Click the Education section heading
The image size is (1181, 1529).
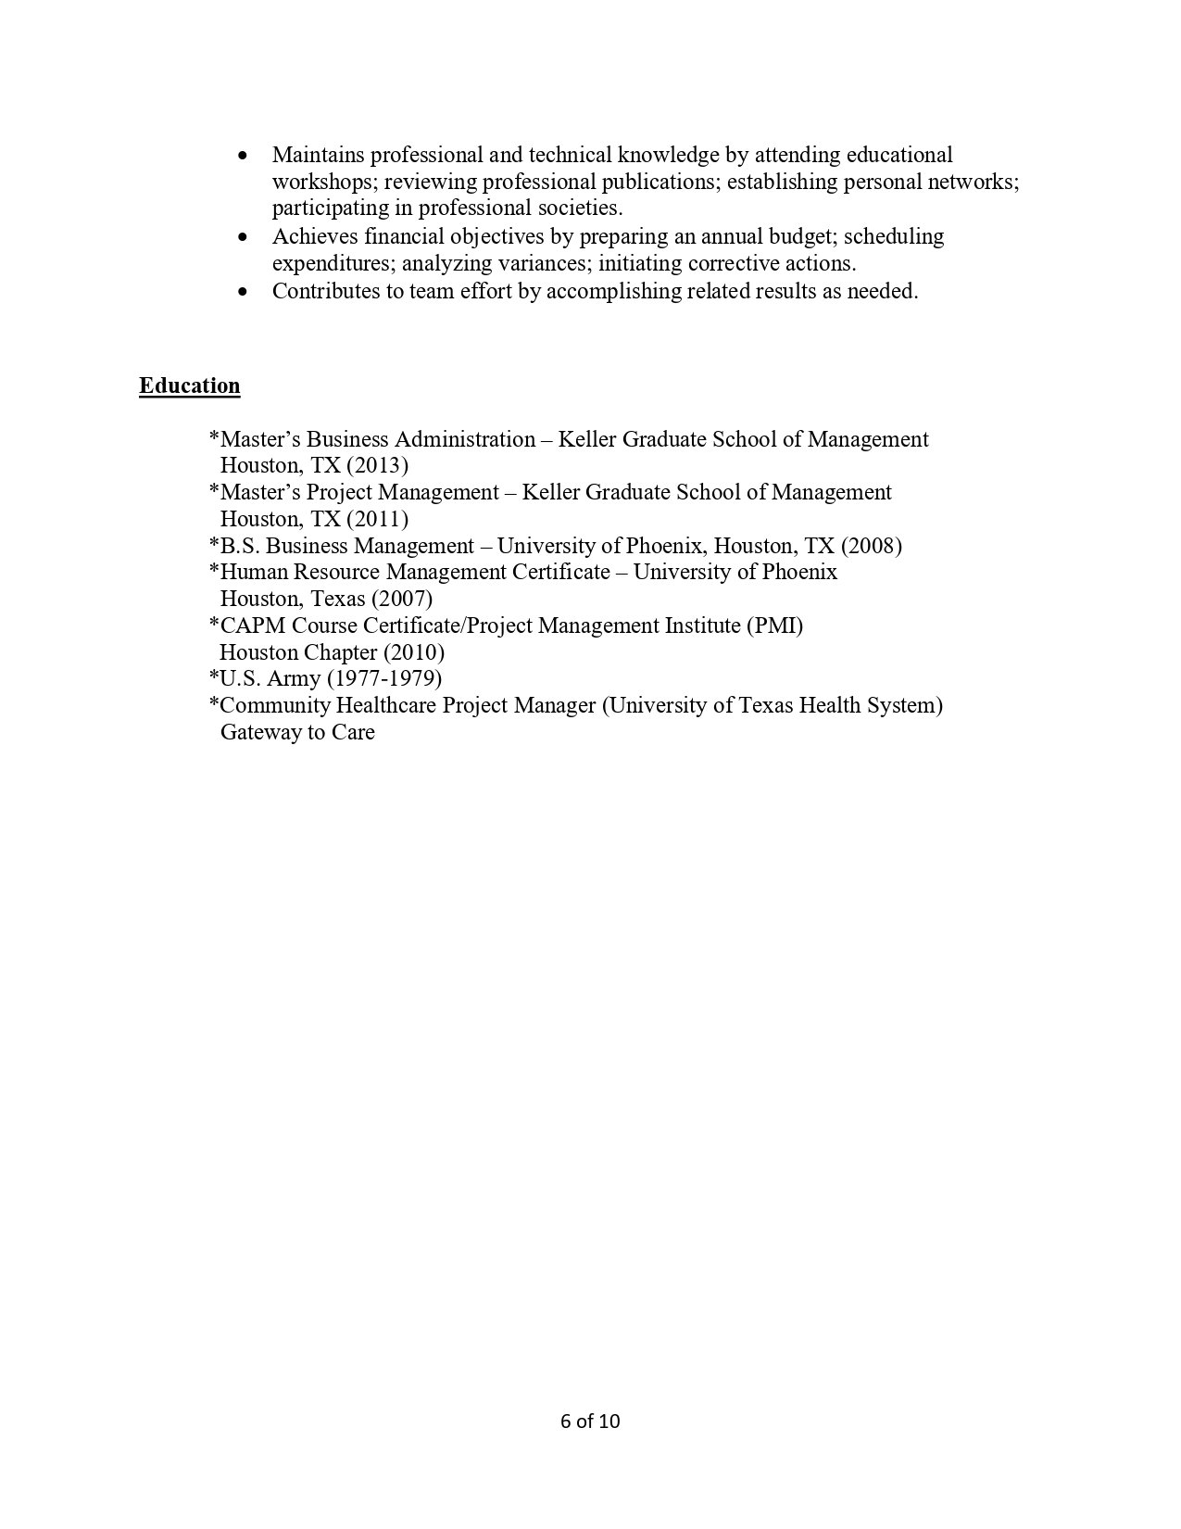[x=190, y=385]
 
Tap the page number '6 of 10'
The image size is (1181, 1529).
[x=590, y=1421]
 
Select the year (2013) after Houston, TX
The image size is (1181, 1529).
[x=377, y=465]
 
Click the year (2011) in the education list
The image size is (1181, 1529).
[x=377, y=519]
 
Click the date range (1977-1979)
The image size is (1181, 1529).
[x=384, y=678]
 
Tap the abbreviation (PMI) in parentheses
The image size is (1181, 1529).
[x=774, y=625]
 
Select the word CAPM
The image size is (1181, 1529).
[x=253, y=625]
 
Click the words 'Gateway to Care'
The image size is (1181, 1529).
[x=297, y=732]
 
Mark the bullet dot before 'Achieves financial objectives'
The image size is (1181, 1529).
[x=244, y=237]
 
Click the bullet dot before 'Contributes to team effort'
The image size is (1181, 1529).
[x=244, y=292]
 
